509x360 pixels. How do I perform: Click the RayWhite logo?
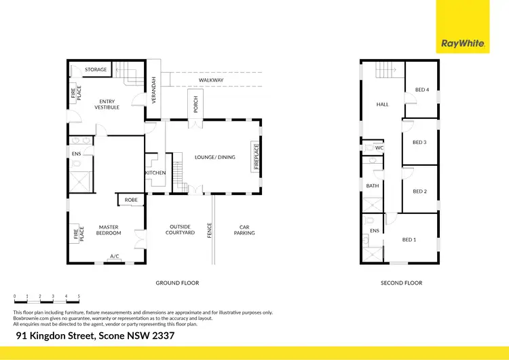click(x=463, y=43)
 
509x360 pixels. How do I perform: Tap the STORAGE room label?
click(x=96, y=70)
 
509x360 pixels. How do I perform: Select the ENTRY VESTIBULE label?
click(x=107, y=105)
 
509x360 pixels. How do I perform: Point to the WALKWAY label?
click(x=211, y=80)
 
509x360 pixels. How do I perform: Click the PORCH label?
click(x=195, y=105)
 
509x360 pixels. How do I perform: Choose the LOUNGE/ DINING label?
click(x=215, y=158)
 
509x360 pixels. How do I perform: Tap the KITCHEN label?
click(x=155, y=173)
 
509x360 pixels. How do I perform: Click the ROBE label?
click(x=130, y=200)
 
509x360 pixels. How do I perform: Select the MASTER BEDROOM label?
click(x=109, y=230)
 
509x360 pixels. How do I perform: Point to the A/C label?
click(x=115, y=256)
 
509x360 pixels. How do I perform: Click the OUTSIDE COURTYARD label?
click(x=181, y=230)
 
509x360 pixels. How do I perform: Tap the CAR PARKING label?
click(x=244, y=230)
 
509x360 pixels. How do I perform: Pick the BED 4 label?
click(x=421, y=90)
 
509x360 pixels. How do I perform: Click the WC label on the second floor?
click(x=379, y=147)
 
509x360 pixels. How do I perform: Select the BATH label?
click(x=373, y=185)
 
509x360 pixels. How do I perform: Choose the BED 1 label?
click(x=409, y=239)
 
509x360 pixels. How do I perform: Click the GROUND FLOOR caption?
click(x=177, y=283)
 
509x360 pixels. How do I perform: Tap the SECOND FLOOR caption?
click(x=402, y=283)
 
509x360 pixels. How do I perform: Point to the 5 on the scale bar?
click(x=79, y=296)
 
